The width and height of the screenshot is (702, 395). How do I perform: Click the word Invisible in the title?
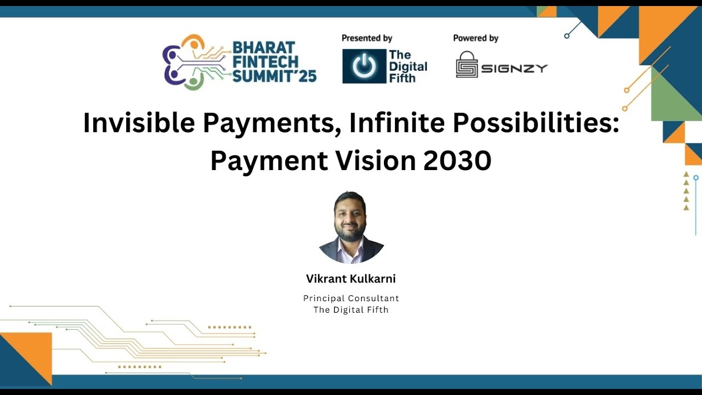pos(138,123)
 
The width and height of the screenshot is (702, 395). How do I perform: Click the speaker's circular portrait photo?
pos(351,227)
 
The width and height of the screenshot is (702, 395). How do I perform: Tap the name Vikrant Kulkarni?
pos(351,279)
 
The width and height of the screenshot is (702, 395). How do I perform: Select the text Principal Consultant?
pos(351,298)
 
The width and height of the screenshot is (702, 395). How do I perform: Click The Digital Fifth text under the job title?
pos(351,309)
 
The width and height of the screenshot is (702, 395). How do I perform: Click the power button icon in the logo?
pos(364,66)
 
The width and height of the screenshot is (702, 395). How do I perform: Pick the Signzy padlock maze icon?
pos(467,65)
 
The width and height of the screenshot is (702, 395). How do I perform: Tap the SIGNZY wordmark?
pos(514,69)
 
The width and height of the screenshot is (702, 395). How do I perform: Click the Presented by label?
pos(367,38)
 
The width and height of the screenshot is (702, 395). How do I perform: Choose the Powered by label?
pos(475,38)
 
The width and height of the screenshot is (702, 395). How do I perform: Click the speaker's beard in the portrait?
pos(350,232)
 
